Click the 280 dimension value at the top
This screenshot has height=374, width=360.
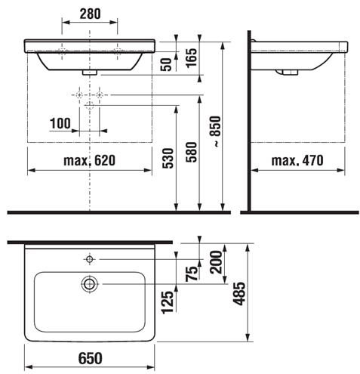(90, 14)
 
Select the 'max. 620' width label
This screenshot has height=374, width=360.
(90, 160)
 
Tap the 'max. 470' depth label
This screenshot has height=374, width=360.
(297, 160)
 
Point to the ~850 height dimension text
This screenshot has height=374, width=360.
(217, 131)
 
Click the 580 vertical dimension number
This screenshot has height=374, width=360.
(192, 152)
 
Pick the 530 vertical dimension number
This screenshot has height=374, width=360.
(168, 159)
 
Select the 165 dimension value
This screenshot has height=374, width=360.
(192, 57)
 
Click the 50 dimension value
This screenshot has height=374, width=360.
(167, 64)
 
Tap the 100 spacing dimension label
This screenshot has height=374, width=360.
(60, 123)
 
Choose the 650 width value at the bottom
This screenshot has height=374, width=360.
(90, 358)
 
